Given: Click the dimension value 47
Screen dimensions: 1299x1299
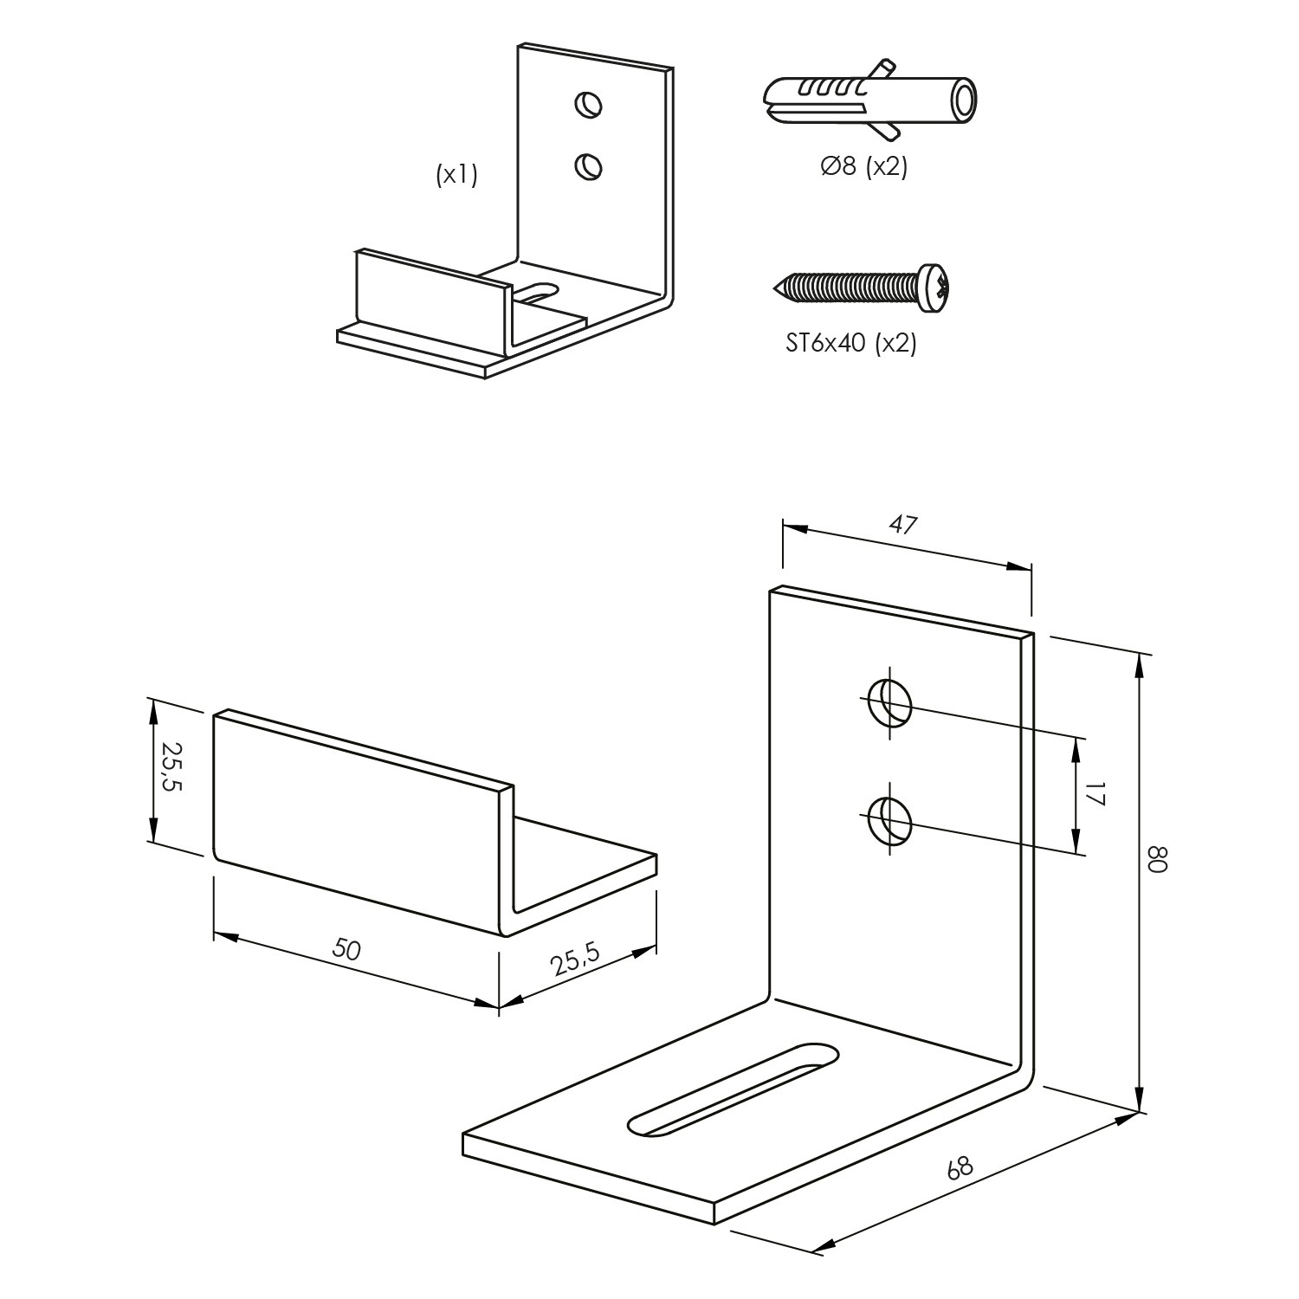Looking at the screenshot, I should (903, 525).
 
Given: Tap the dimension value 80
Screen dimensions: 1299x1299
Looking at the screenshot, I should (1158, 860).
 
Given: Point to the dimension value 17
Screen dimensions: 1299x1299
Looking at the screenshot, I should (1096, 794).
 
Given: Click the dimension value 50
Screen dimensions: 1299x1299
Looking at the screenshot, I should (346, 950).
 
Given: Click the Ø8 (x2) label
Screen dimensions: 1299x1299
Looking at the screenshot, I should (863, 166).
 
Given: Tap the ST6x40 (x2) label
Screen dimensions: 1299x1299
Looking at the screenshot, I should (850, 344).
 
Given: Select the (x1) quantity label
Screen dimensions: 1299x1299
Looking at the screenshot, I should (456, 176).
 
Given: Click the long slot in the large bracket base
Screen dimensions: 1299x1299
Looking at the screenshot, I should (734, 1087).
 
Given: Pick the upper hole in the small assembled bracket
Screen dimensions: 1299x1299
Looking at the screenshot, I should (589, 105).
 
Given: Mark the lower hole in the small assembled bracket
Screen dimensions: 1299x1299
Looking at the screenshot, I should (589, 165).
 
